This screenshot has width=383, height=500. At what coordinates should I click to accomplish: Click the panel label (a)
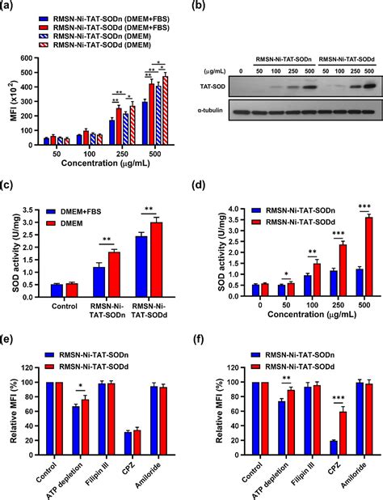pyautogui.click(x=11, y=6)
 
